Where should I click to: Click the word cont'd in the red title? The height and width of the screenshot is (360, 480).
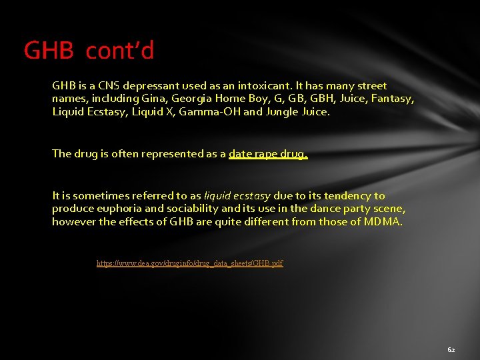tap(120, 50)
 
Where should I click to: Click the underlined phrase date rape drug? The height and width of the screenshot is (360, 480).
tap(268, 154)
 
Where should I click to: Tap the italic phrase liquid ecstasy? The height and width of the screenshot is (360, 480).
tap(237, 196)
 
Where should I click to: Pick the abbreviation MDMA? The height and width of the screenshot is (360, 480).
tap(383, 221)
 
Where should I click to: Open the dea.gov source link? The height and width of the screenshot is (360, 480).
tap(190, 263)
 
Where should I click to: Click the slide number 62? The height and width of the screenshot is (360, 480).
tap(451, 349)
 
